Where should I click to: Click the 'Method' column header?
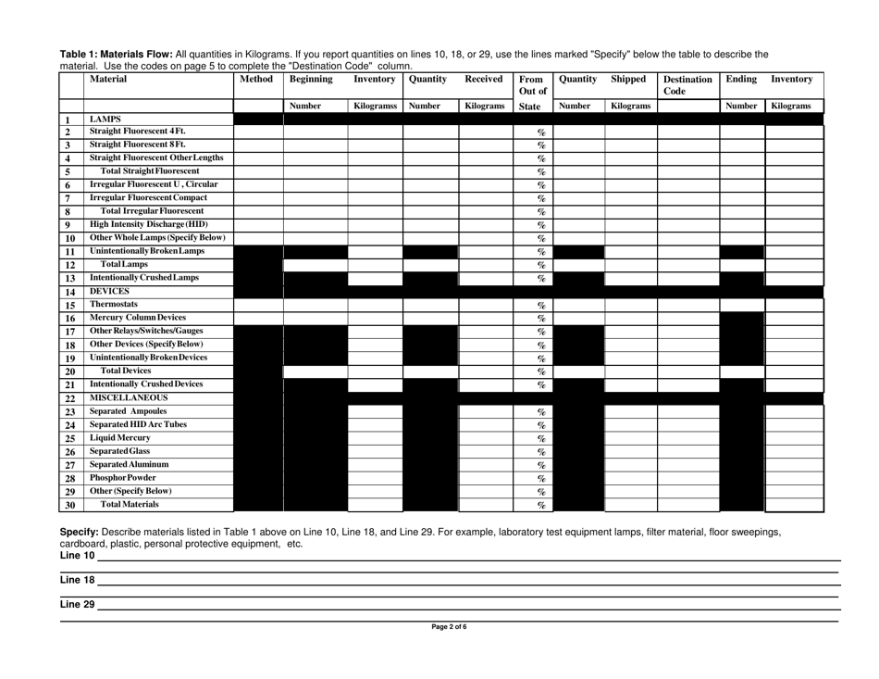(256, 81)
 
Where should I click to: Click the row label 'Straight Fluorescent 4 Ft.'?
(138, 132)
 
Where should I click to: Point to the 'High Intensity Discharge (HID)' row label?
(148, 223)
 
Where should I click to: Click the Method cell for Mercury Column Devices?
(256, 318)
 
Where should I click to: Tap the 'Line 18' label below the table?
(78, 580)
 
